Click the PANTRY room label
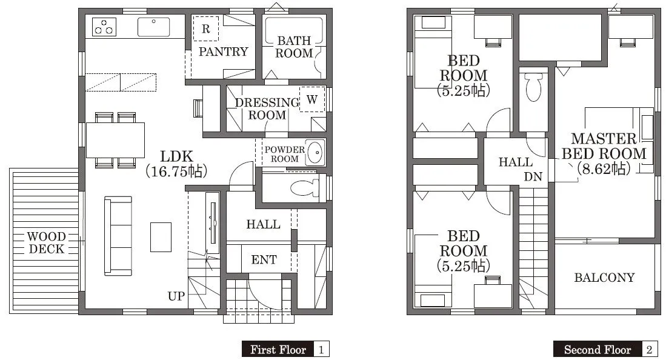224,52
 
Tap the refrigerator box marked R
206,28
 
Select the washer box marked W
311,99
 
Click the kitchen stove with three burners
104,27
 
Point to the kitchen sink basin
153,27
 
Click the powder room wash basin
315,153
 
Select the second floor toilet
534,87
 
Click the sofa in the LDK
118,236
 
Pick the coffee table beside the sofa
161,237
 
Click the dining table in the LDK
115,140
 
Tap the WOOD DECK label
46,242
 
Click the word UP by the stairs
176,296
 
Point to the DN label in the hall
533,177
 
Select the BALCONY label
604,278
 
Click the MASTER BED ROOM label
604,146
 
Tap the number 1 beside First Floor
321,349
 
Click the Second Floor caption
597,349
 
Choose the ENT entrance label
264,259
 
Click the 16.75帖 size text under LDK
176,172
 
